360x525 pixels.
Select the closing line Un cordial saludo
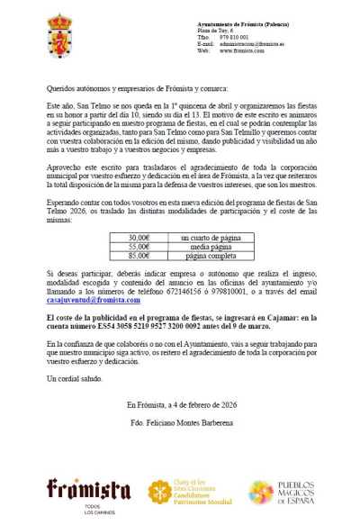pos(73,379)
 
